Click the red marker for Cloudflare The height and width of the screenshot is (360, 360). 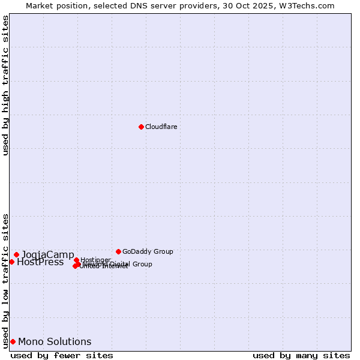pos(141,127)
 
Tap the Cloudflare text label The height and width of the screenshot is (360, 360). pos(161,127)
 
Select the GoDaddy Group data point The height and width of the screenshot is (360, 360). pos(118,251)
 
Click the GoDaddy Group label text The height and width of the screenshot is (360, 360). pos(148,251)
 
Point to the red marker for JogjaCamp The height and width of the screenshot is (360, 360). pos(16,254)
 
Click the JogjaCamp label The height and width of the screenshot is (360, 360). pos(48,254)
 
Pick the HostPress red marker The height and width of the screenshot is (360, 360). pos(11,262)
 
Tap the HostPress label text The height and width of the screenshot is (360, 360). pos(40,262)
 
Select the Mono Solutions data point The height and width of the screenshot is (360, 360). pos(13,341)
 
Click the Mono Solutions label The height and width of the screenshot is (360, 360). pos(55,342)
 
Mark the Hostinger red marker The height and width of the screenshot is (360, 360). pos(76,260)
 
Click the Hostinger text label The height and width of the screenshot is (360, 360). pos(95,260)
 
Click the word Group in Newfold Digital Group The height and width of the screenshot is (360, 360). pos(142,264)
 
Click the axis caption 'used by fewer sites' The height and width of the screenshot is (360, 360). pos(62,355)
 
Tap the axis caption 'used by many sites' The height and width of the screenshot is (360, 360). pos(301,355)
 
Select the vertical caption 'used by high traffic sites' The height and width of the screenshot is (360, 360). pos(6,85)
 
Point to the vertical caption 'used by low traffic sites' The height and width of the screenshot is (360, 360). pos(6,280)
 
